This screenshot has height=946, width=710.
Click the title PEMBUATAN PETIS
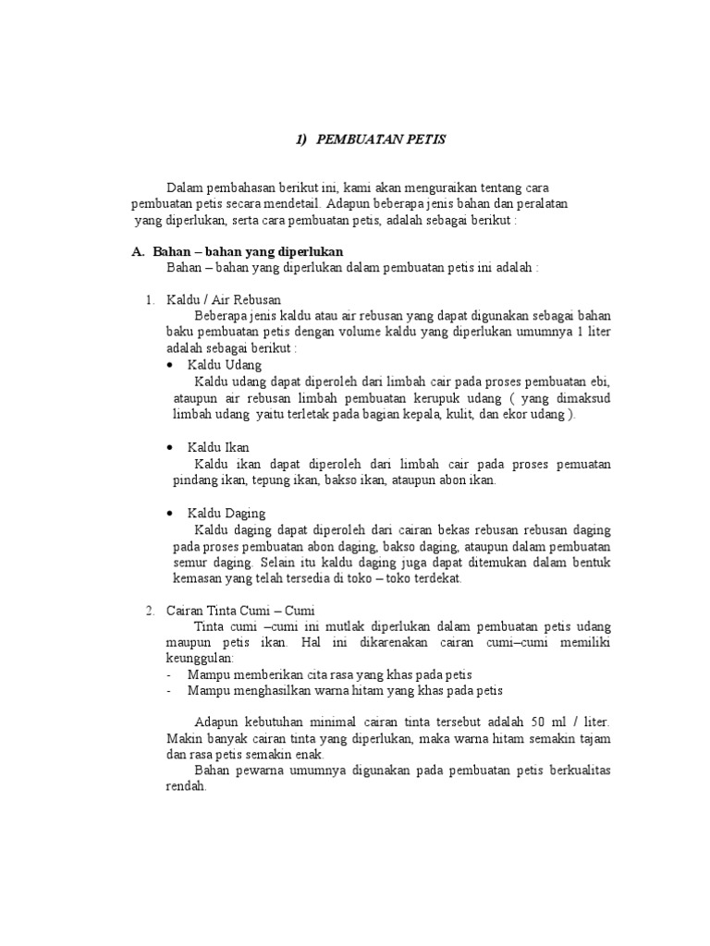click(x=381, y=139)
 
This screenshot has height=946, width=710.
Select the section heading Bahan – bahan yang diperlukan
click(x=247, y=251)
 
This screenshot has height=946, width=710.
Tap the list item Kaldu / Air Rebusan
click(x=224, y=299)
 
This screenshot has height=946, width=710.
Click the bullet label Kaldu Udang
click(x=225, y=365)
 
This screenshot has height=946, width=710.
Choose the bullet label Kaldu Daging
click(x=226, y=513)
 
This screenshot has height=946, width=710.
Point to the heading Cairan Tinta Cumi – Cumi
click(x=241, y=612)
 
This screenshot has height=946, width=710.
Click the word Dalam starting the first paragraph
click(x=184, y=188)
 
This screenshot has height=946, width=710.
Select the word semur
click(x=190, y=563)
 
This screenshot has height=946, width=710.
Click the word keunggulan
click(x=200, y=658)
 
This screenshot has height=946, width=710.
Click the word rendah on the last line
click(x=185, y=788)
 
